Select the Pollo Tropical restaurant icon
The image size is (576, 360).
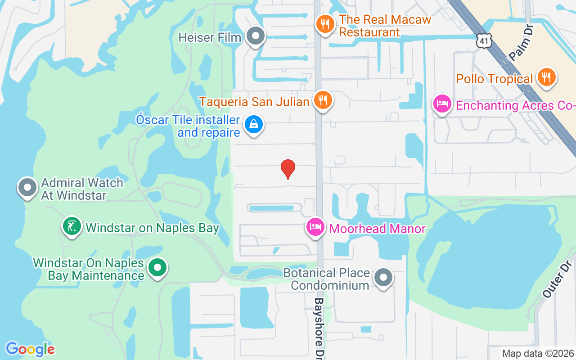click(546, 77)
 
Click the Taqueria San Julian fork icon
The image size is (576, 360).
click(322, 100)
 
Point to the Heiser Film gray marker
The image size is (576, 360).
click(256, 36)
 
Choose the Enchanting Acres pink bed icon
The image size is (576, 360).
click(442, 104)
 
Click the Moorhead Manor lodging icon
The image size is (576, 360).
click(315, 226)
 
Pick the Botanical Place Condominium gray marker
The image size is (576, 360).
click(383, 278)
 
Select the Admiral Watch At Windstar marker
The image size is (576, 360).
click(27, 187)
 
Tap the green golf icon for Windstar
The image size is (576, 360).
click(72, 226)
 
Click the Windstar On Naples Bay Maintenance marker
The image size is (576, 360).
click(157, 267)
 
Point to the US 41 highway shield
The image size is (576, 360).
click(484, 41)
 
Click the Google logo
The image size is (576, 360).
click(30, 349)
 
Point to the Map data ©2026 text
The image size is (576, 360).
click(538, 354)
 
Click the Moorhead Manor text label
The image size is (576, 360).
click(377, 229)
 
